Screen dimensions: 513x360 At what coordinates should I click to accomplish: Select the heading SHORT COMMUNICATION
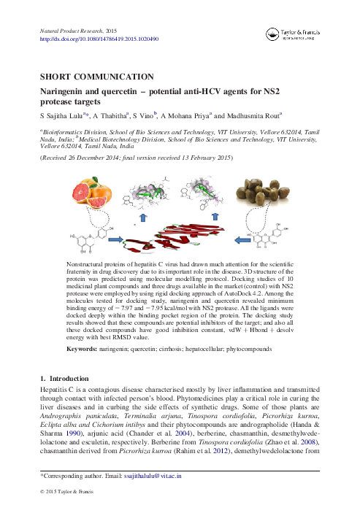pos(96,77)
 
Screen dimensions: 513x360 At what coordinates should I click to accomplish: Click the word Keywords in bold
pos(82,350)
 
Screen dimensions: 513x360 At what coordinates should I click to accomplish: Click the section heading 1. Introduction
pos(64,379)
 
